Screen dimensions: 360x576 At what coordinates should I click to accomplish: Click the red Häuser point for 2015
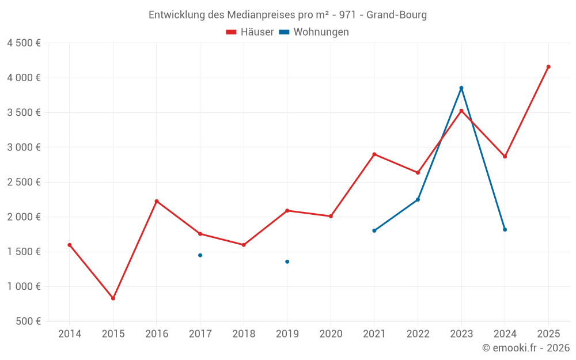[x=113, y=298]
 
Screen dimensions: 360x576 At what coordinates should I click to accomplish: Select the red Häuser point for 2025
[x=548, y=67]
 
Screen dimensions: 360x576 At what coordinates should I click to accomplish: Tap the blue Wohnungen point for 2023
[x=461, y=88]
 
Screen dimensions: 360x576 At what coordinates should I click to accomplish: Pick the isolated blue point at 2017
[x=200, y=255]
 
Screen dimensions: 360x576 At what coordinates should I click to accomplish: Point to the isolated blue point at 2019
[x=287, y=262]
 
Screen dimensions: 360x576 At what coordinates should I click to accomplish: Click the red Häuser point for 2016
[x=157, y=201]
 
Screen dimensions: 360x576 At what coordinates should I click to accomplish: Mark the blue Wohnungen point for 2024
[x=505, y=230]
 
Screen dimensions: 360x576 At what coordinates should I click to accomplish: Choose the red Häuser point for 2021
[x=374, y=154]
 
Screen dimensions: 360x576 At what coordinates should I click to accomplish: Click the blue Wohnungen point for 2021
[x=374, y=230]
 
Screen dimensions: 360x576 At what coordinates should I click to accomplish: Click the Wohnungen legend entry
[x=314, y=32]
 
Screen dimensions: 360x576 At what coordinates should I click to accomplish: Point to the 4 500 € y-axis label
[x=24, y=43]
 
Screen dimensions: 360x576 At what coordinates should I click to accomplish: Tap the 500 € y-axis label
[x=29, y=321]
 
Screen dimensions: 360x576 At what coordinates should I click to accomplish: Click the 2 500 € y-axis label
[x=24, y=182]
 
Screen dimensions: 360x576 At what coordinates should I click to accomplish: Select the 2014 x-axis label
[x=70, y=334]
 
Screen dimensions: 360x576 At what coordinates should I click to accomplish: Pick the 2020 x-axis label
[x=331, y=334]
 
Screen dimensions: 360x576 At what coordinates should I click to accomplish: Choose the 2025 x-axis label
[x=548, y=334]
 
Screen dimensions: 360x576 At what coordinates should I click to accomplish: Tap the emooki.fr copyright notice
[x=526, y=348]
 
